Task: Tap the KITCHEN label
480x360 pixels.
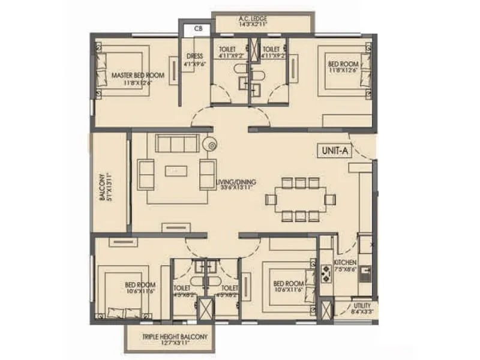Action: click(x=346, y=263)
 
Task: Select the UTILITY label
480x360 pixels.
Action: click(x=362, y=305)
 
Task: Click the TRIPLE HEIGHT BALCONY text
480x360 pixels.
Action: click(x=175, y=337)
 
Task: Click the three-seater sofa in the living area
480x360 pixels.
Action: click(x=178, y=144)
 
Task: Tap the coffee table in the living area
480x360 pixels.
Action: click(x=176, y=171)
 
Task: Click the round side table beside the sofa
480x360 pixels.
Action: click(x=210, y=144)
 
